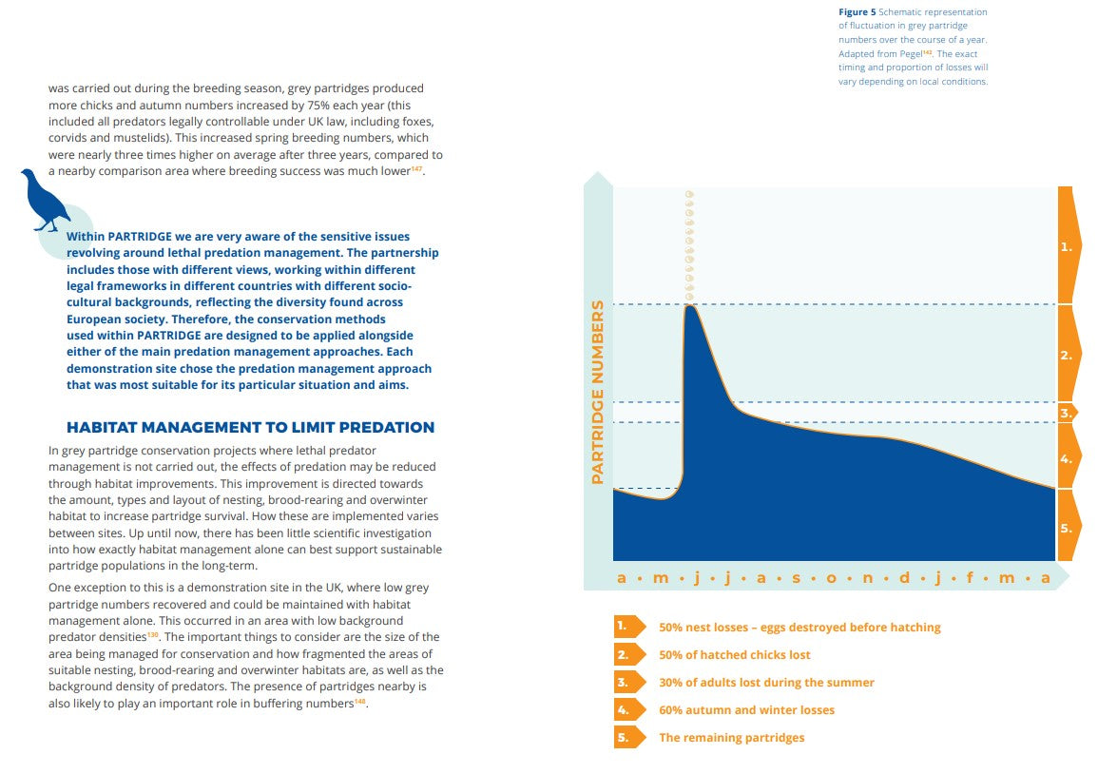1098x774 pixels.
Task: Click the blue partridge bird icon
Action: point(44,200)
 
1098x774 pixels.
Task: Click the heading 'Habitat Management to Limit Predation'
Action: point(250,427)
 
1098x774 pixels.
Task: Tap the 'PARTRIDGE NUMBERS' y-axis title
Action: point(597,393)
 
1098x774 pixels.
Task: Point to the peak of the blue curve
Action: point(690,306)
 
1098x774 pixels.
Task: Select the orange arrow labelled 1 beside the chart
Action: point(1069,245)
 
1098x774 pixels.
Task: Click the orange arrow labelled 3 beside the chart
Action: point(1067,413)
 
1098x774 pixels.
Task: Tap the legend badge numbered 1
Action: point(628,627)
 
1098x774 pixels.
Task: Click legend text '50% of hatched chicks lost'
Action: point(735,655)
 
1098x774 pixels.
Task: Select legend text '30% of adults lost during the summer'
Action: point(766,682)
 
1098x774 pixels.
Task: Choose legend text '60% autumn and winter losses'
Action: point(746,709)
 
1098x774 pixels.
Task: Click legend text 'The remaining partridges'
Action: point(731,738)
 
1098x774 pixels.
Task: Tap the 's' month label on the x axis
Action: point(797,578)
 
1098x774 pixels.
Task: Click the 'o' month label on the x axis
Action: point(831,578)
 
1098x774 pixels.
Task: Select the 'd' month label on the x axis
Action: point(904,577)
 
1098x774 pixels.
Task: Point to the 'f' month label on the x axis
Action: point(970,577)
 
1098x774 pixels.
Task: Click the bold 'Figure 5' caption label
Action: point(857,12)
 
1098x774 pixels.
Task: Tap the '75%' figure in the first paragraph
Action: point(318,105)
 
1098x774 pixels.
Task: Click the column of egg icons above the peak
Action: point(690,246)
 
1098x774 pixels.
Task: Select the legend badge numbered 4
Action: point(628,709)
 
